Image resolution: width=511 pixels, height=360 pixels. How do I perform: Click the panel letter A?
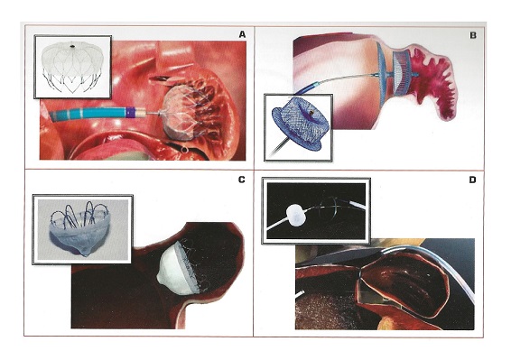(242, 34)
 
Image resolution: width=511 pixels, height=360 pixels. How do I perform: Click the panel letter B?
(473, 35)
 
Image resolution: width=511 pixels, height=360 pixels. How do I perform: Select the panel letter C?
(241, 180)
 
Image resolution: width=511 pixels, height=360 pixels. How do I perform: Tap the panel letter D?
(472, 180)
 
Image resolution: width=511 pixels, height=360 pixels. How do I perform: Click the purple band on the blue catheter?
(130, 112)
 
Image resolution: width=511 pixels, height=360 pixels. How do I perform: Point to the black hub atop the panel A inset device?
(72, 46)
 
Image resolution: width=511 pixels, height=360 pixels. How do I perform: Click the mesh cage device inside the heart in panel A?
(181, 113)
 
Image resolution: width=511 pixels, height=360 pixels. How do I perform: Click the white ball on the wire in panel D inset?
(296, 216)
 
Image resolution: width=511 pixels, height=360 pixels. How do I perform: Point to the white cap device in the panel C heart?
(178, 269)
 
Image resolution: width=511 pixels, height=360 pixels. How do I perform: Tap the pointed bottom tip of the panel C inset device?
(86, 254)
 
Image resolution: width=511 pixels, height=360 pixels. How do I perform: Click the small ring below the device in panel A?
(185, 150)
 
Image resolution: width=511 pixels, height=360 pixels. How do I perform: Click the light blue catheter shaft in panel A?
(88, 114)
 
